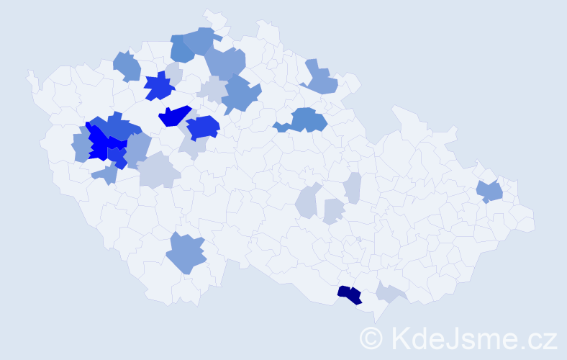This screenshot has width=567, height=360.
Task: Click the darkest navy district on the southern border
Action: [x=350, y=294]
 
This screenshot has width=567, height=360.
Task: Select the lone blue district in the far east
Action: [x=491, y=192]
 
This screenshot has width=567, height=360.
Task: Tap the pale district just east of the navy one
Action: [x=391, y=292]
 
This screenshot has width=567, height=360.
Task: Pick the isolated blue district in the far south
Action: [x=186, y=253]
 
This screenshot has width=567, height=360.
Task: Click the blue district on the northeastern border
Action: [x=321, y=81]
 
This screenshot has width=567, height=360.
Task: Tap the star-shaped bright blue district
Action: [x=159, y=86]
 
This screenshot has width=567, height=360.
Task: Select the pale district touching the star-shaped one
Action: [x=173, y=73]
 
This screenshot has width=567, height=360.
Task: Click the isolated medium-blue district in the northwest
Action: [x=127, y=66]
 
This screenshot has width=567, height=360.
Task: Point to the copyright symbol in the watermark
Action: [x=371, y=338]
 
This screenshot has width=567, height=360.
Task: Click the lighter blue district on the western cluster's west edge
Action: [x=81, y=146]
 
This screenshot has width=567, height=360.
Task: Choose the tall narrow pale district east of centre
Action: [x=352, y=188]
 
